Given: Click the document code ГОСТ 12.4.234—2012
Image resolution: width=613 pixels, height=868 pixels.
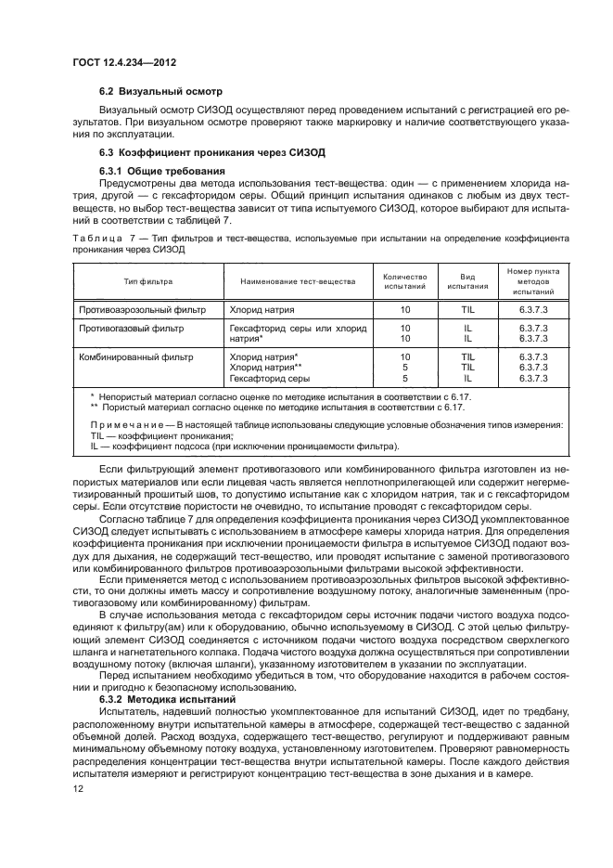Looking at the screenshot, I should [125, 62].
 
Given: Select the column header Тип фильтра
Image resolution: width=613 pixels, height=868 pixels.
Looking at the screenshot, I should [148, 281].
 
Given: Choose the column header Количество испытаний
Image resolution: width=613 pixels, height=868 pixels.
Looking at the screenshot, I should [404, 281].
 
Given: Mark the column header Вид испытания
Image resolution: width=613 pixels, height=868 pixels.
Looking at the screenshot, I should [467, 281].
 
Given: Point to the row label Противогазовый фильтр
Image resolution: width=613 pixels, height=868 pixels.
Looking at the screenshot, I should [131, 329].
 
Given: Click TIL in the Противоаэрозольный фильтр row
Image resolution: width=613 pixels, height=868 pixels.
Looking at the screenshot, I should [467, 308].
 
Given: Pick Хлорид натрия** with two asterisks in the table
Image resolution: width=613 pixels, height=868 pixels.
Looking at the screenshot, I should [265, 368].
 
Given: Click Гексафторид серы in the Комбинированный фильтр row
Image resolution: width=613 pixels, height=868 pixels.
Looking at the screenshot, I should [269, 379].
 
